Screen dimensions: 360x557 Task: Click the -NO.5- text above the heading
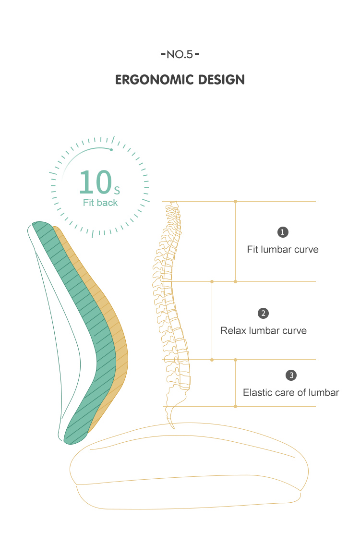coord(180,54)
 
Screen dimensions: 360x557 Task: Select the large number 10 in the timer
coord(96,182)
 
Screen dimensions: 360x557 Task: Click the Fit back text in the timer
coord(100,203)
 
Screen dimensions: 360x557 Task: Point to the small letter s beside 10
coord(117,191)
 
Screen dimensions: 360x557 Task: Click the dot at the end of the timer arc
coord(111,149)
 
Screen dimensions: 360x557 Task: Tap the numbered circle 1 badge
coord(283,232)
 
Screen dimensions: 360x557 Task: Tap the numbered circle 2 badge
coord(264,313)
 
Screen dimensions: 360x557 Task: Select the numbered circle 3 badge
coord(291,375)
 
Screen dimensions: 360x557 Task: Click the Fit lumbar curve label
coord(283,249)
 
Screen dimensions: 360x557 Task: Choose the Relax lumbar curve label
coord(264,330)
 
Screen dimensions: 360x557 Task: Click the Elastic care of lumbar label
coord(291,392)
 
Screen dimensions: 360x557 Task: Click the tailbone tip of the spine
coord(174,427)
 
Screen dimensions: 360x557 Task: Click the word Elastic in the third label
coord(256,392)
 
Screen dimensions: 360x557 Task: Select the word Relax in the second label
coord(233,330)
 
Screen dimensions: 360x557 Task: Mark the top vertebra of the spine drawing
coord(173,204)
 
